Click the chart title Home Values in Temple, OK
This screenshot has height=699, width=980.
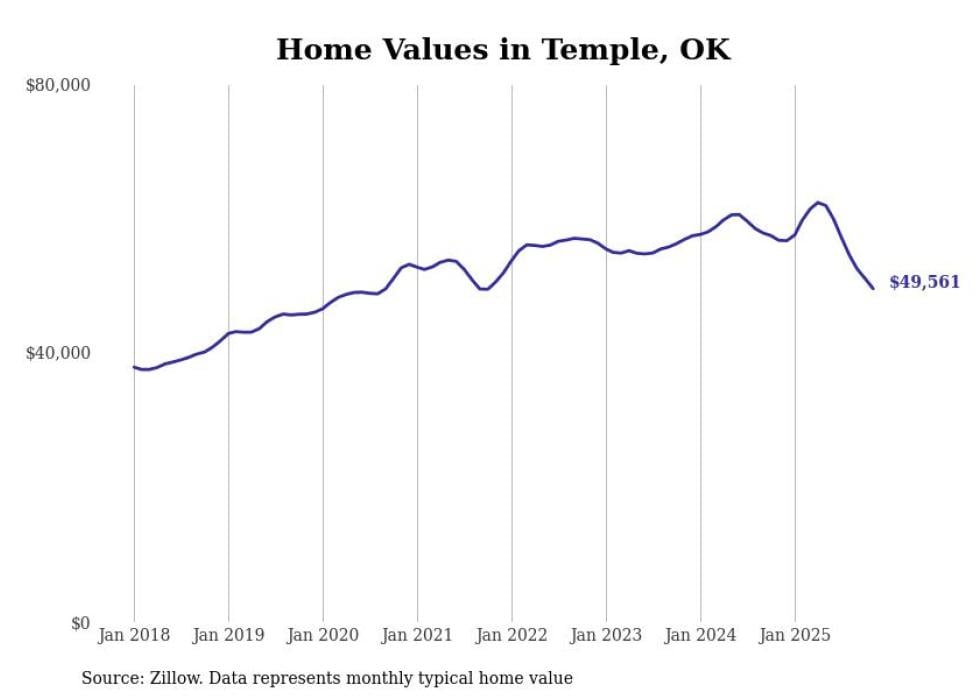pos(503,49)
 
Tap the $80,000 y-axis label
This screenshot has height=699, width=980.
pos(57,86)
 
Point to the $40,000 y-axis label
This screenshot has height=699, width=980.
pos(57,353)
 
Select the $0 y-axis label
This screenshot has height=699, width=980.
pos(79,623)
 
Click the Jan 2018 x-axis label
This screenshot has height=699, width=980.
pos(134,635)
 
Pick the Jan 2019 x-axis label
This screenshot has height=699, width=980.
pos(228,635)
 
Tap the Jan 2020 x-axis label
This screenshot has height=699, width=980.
pos(323,635)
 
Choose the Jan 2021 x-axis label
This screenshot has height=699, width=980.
pos(417,635)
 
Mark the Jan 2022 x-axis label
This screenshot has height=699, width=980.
pos(512,635)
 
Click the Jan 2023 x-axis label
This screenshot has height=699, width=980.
pos(606,635)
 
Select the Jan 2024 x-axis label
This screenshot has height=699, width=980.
pos(701,635)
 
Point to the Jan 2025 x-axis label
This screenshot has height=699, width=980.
pos(795,635)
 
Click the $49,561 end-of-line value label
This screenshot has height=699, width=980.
pos(924,283)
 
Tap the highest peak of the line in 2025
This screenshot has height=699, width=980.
pos(818,202)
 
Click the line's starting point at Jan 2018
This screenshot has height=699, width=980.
pos(134,367)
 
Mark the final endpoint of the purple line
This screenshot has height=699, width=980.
pos(873,288)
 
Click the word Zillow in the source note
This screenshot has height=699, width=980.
pos(170,678)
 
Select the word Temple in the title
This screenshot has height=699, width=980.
pos(587,49)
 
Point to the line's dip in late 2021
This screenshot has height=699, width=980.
pos(483,289)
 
